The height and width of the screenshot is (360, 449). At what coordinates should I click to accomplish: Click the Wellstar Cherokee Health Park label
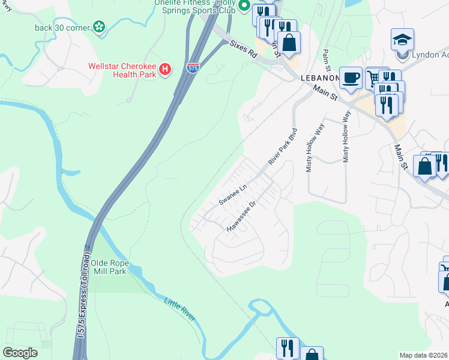pos(122,71)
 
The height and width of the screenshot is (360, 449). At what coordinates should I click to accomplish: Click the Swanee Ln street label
pos(233,195)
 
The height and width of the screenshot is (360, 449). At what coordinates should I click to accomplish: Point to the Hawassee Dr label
pos(241,217)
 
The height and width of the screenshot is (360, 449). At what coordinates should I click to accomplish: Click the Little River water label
pos(179,308)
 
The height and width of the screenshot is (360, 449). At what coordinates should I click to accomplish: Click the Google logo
pos(20,353)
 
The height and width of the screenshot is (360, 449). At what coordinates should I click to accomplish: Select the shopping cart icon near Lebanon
pos(374,78)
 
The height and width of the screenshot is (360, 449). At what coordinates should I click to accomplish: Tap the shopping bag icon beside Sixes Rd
pos(289,42)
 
